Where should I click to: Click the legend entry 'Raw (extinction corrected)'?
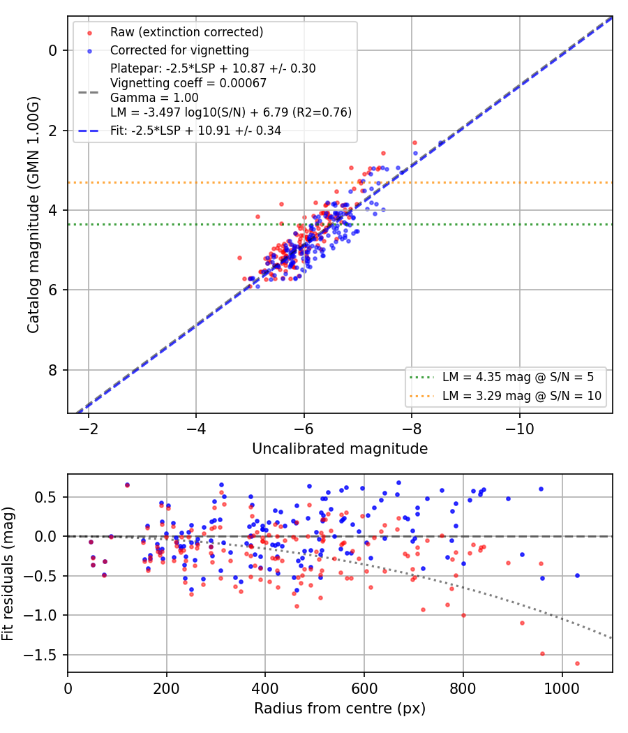[186, 32]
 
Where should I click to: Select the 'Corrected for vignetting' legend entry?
[179, 50]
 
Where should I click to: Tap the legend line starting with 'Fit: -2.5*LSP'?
[195, 131]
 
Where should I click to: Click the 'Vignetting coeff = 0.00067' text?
[188, 83]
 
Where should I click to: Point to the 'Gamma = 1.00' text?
[154, 98]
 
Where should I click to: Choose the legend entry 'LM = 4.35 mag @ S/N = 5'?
[518, 377]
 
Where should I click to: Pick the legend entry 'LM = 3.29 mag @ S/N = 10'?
[522, 396]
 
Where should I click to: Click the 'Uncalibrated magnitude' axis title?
[340, 449]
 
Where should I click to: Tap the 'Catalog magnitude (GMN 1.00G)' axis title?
[33, 215]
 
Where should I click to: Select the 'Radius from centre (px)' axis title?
[340, 709]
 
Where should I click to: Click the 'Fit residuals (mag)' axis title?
[8, 574]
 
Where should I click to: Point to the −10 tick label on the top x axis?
[519, 429]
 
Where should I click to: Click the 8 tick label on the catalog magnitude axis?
[52, 370]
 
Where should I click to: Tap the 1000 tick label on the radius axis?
[562, 688]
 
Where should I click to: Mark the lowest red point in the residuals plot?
[577, 663]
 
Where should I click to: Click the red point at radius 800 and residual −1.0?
[463, 616]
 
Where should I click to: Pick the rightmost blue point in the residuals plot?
[577, 576]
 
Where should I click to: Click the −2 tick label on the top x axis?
[89, 429]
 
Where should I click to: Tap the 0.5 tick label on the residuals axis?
[45, 497]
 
